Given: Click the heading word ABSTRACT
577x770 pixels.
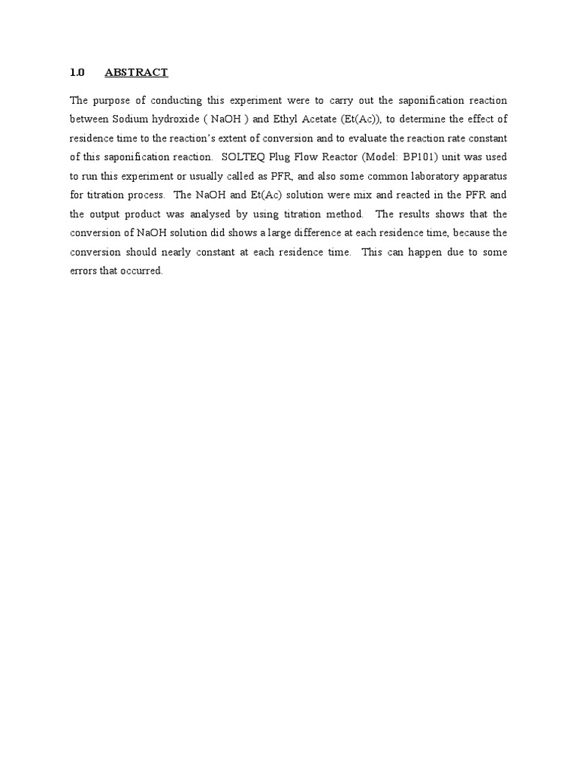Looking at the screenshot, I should pyautogui.click(x=136, y=72).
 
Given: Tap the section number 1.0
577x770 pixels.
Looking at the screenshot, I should pyautogui.click(x=77, y=72).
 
